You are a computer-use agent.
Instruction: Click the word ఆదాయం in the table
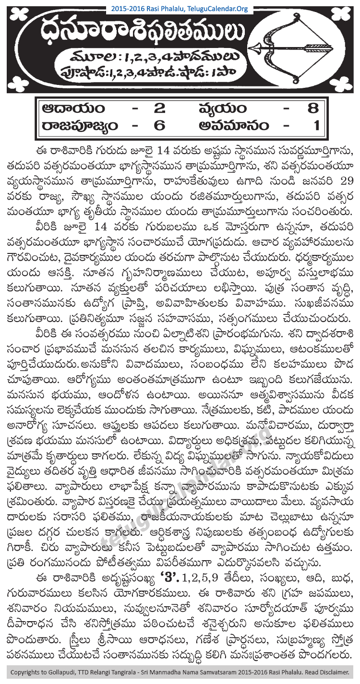tap(72, 108)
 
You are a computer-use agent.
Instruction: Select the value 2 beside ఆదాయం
tap(158, 108)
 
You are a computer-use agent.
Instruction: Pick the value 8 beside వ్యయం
tap(313, 108)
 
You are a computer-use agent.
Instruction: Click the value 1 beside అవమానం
tap(313, 125)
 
